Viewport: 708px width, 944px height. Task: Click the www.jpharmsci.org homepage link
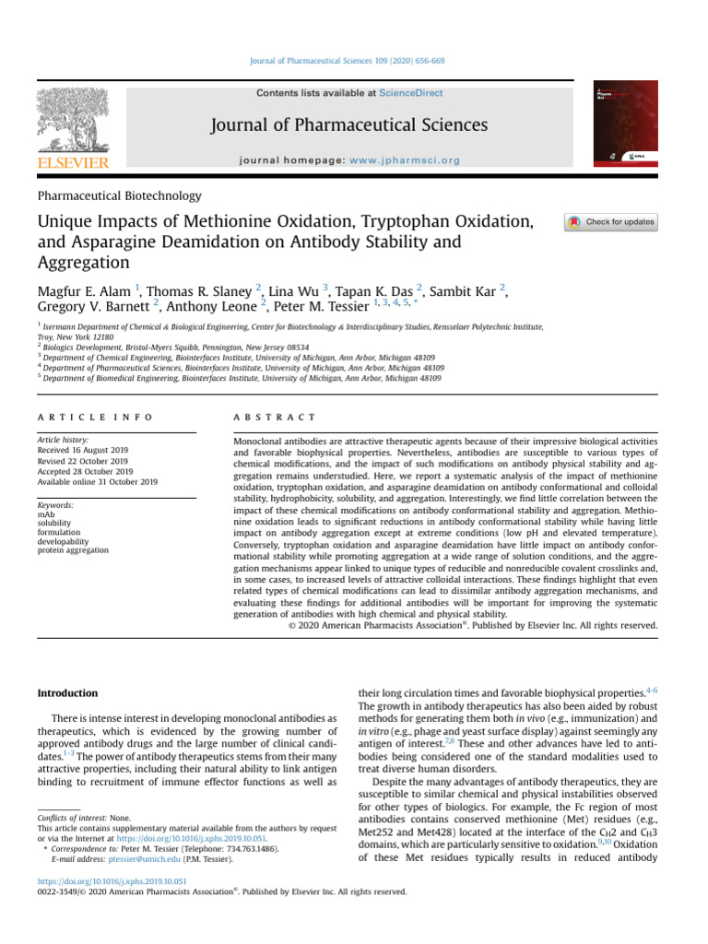pos(405,160)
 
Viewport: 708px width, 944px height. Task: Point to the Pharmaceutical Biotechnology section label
pos(118,195)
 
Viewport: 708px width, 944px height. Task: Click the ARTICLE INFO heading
pos(95,418)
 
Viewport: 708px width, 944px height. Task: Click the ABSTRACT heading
pos(276,418)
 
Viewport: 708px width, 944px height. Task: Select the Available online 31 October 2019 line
pos(97,481)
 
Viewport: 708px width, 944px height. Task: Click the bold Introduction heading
pos(67,692)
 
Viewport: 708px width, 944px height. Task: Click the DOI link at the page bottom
pos(112,881)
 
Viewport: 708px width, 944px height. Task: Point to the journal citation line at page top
pos(353,61)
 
